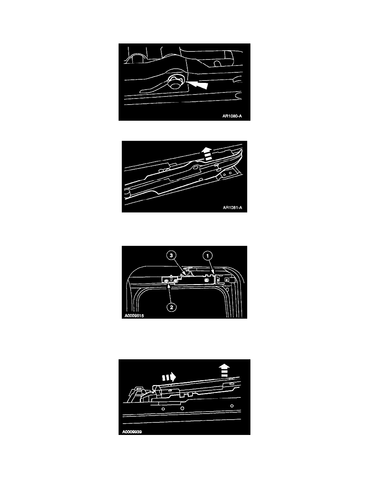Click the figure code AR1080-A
(232, 116)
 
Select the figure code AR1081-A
(232, 208)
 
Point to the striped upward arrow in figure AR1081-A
(207, 154)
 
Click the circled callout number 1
(208, 256)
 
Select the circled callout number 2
(171, 307)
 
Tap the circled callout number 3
(171, 255)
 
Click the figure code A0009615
(134, 315)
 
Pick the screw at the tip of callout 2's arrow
(166, 281)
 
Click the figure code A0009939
(132, 432)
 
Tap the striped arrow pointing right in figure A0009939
(169, 377)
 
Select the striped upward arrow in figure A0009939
(224, 371)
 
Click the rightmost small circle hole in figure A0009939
(232, 406)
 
